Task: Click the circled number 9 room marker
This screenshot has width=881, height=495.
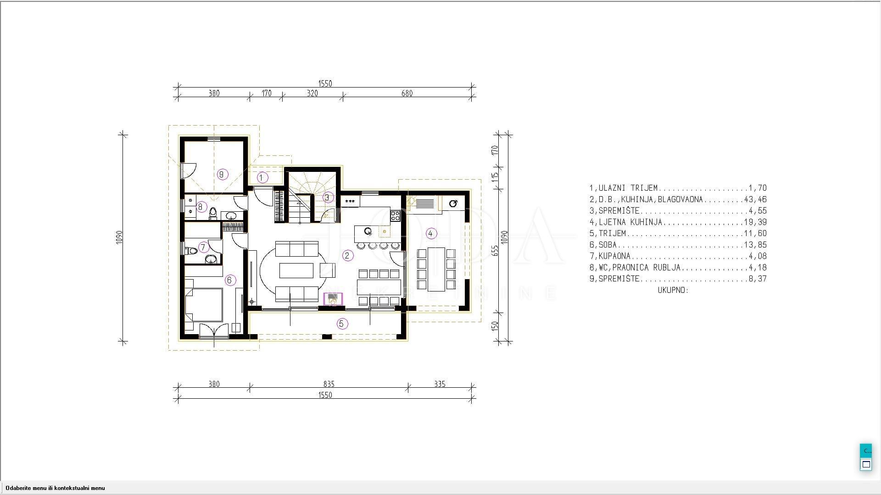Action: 223,174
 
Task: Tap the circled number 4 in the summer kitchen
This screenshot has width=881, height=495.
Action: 430,233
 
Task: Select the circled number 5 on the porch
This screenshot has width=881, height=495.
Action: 341,324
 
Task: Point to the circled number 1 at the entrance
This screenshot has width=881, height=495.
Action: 262,177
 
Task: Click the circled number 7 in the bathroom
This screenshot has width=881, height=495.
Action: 203,247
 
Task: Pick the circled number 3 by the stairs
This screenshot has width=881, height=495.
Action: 328,198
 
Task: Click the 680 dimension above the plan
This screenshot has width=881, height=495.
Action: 407,93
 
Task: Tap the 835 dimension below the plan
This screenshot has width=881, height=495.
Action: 329,384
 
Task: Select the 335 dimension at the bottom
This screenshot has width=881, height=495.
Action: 440,384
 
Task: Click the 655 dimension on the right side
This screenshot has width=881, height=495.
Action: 495,250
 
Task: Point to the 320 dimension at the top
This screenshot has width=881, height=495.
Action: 312,93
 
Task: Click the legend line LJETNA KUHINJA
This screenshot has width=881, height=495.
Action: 678,222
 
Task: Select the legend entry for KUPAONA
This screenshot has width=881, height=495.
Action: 678,256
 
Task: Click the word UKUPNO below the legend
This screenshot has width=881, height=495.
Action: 673,290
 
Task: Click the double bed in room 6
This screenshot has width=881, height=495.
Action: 204,299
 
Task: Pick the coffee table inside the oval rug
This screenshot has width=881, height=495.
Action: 296,270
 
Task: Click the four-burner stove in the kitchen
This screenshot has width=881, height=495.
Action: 396,214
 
